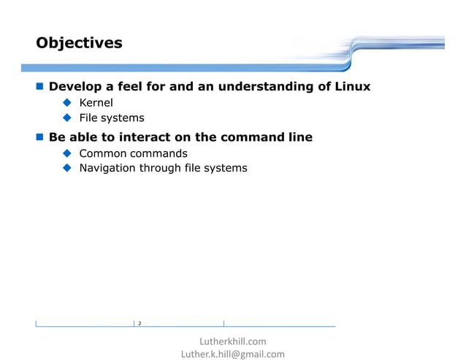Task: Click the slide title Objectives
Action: click(x=79, y=43)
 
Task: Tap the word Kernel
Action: click(x=96, y=103)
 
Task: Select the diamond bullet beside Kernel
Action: click(x=66, y=103)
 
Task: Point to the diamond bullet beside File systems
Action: click(x=66, y=118)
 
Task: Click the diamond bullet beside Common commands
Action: click(x=66, y=153)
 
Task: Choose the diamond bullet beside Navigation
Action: click(x=66, y=168)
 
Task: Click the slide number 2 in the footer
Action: click(x=140, y=323)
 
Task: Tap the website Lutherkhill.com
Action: click(x=233, y=341)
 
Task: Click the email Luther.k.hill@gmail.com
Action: click(x=233, y=354)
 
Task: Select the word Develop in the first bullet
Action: click(x=76, y=87)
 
